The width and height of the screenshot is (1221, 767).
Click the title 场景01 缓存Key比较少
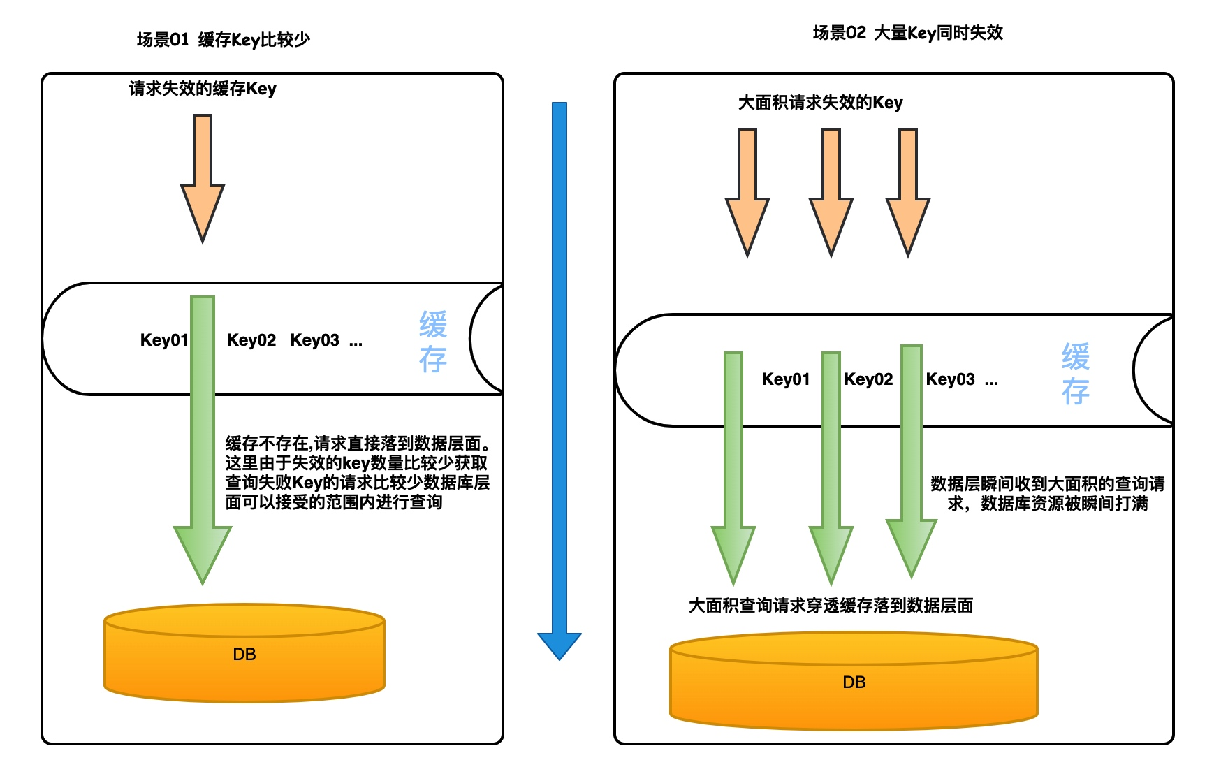(223, 40)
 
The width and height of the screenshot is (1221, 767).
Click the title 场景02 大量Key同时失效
(907, 33)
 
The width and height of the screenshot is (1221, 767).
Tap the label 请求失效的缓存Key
(203, 89)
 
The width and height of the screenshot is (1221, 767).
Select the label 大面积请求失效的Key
(820, 103)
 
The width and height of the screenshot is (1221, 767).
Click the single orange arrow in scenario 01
(203, 179)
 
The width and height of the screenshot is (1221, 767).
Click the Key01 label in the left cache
(164, 340)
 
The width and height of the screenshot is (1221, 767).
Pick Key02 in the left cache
(251, 340)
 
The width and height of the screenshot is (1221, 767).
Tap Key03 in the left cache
(314, 340)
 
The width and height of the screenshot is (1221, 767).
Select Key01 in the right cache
(786, 379)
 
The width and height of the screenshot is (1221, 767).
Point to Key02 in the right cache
(868, 379)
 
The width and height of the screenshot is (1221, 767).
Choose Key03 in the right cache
(950, 379)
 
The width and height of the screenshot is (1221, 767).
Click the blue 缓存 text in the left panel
(433, 342)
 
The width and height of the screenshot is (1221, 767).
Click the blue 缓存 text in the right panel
(1076, 374)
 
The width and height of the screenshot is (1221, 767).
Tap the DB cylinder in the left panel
(244, 653)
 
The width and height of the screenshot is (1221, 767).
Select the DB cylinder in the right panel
(854, 681)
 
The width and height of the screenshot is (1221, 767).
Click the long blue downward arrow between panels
(560, 381)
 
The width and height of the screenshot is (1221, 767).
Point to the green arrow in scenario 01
(203, 440)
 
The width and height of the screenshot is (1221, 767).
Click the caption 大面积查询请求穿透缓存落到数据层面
(831, 606)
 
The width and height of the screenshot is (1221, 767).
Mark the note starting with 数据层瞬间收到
(1047, 493)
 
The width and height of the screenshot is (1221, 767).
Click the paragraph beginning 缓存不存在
(358, 472)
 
